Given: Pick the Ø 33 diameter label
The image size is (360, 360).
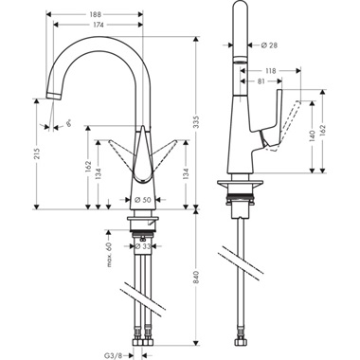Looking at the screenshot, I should pyautogui.click(x=143, y=246).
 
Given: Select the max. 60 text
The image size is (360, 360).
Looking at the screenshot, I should pyautogui.click(x=110, y=253).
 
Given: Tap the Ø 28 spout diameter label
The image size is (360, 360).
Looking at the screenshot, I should pyautogui.click(x=268, y=45).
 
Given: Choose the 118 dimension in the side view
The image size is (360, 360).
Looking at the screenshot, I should pyautogui.click(x=270, y=70).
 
